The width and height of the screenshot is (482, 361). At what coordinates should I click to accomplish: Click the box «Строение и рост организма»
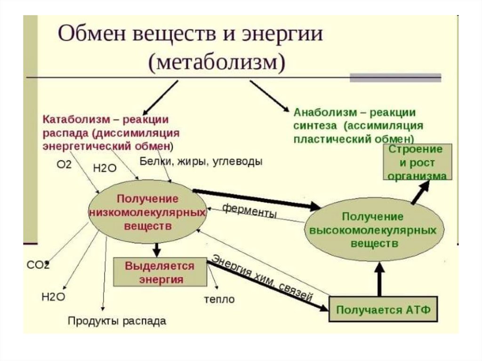click(x=417, y=162)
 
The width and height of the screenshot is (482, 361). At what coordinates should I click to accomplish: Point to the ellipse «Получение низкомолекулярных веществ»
click(x=147, y=212)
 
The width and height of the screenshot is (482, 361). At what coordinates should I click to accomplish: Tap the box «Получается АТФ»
click(x=383, y=310)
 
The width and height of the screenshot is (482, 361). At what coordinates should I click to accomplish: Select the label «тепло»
click(x=219, y=299)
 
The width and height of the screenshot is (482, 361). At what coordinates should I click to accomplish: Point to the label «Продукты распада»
click(x=117, y=321)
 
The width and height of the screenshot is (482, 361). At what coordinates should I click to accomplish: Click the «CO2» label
click(x=38, y=265)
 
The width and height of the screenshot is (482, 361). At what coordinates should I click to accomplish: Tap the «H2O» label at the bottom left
click(x=53, y=297)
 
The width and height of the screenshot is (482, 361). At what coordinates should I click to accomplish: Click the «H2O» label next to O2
click(x=104, y=168)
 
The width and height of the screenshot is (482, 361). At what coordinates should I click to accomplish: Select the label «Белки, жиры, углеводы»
click(x=201, y=161)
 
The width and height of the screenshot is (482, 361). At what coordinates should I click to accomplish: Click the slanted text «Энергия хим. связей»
click(x=262, y=278)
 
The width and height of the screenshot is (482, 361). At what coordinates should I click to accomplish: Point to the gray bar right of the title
click(x=395, y=77)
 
